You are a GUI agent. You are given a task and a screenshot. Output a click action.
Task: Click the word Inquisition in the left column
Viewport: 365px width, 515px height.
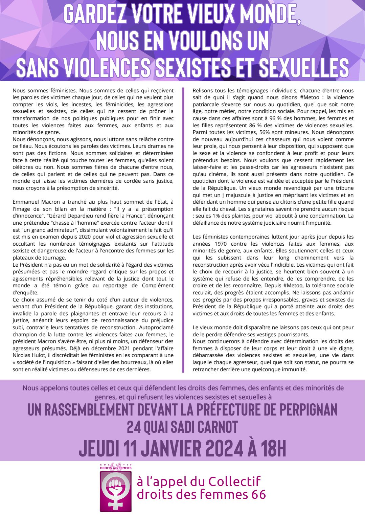(74, 362)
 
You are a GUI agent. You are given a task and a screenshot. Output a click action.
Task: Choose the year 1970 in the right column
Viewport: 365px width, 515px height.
(221, 244)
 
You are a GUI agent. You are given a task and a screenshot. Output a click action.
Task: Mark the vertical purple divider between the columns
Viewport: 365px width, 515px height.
(183, 230)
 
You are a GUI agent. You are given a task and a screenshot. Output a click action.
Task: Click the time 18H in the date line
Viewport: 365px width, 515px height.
(273, 449)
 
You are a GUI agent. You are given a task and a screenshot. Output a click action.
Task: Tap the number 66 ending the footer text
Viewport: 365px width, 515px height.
(259, 495)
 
